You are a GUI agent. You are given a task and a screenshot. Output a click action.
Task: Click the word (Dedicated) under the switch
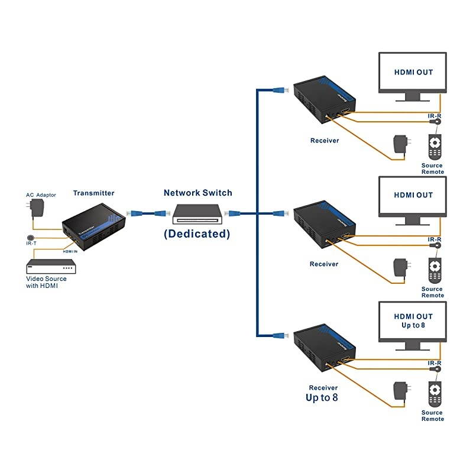pyautogui.click(x=197, y=233)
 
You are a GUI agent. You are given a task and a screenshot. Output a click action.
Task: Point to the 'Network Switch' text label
pyautogui.click(x=197, y=193)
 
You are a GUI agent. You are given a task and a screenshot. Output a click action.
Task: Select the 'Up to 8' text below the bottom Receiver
pyautogui.click(x=322, y=398)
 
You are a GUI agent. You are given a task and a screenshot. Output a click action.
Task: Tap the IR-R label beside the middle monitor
pyautogui.click(x=435, y=239)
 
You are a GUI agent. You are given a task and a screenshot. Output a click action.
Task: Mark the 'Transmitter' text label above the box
pyautogui.click(x=93, y=193)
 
